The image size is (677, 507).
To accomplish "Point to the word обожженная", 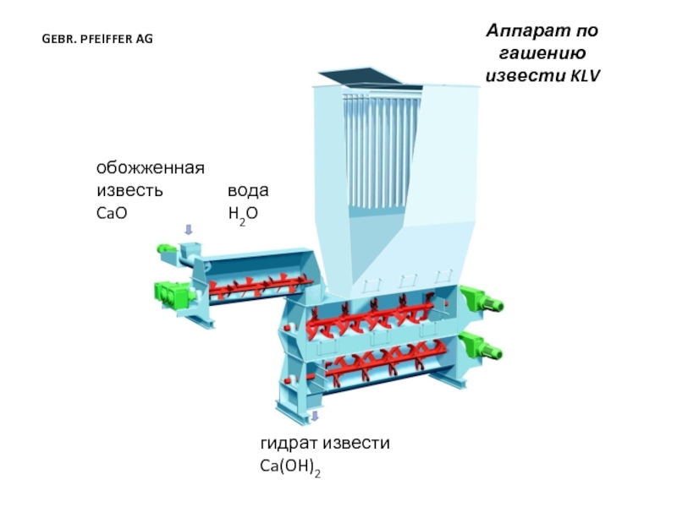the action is (x=150, y=168).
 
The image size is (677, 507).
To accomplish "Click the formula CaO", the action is (x=111, y=214).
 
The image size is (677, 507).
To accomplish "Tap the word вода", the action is (x=247, y=192).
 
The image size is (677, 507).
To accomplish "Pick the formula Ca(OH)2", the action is (x=290, y=466).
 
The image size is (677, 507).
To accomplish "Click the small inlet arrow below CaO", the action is (x=189, y=229).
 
